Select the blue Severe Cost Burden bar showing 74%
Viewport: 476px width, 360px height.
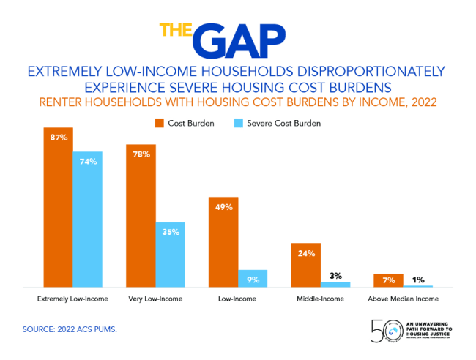pos(87,220)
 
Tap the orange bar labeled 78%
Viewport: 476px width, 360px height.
pos(141,220)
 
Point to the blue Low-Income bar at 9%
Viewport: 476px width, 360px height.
pos(253,278)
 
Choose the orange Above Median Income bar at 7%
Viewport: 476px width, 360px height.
pos(388,280)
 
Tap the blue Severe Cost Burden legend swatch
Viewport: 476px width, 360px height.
pos(239,123)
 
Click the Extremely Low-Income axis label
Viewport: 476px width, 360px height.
pos(72,299)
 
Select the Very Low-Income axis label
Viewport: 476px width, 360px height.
pos(156,299)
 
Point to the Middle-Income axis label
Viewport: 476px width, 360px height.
pos(320,299)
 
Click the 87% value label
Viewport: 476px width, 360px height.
pos(59,138)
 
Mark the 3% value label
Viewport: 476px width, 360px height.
pos(336,276)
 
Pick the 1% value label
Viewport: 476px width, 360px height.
pos(418,280)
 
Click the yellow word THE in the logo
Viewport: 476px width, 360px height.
pos(176,33)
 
